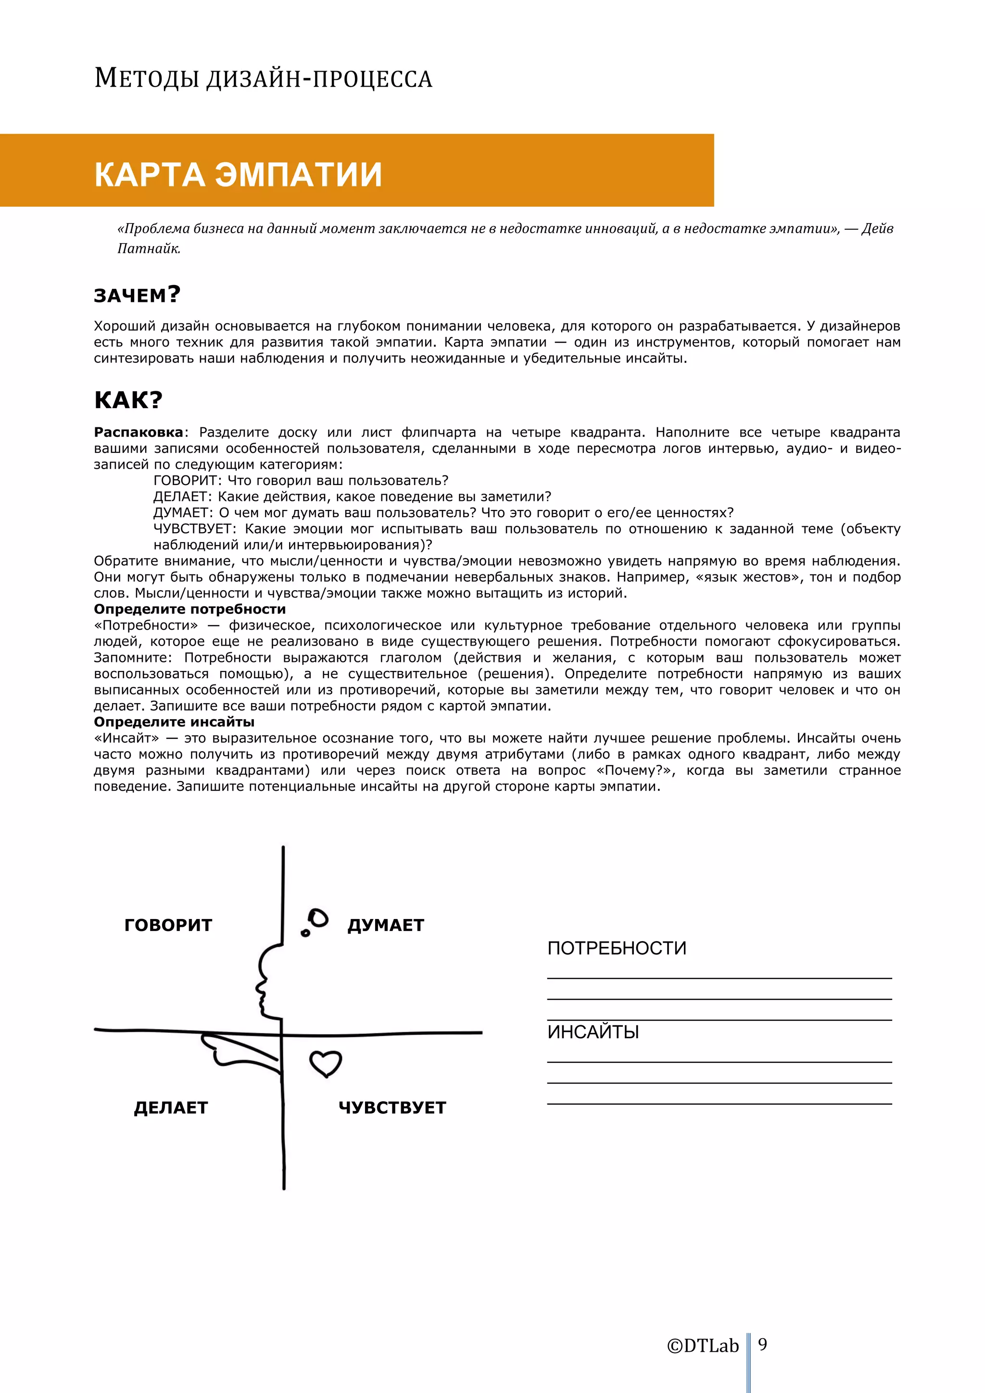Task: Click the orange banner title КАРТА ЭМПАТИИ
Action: click(238, 175)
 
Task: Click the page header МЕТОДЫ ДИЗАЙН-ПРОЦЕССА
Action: click(263, 79)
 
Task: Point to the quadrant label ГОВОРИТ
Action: click(168, 925)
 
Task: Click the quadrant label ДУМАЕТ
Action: click(385, 925)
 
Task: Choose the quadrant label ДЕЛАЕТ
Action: click(171, 1108)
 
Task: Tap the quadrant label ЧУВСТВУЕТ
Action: click(392, 1108)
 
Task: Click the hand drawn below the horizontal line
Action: click(237, 1050)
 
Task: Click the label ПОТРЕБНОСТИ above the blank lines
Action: click(617, 948)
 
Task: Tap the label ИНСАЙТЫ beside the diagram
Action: click(593, 1032)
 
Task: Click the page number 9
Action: click(762, 1344)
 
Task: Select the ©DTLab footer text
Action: click(703, 1346)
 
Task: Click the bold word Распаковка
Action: click(139, 433)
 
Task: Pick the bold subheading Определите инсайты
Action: click(174, 722)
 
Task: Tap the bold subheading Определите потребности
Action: click(189, 609)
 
